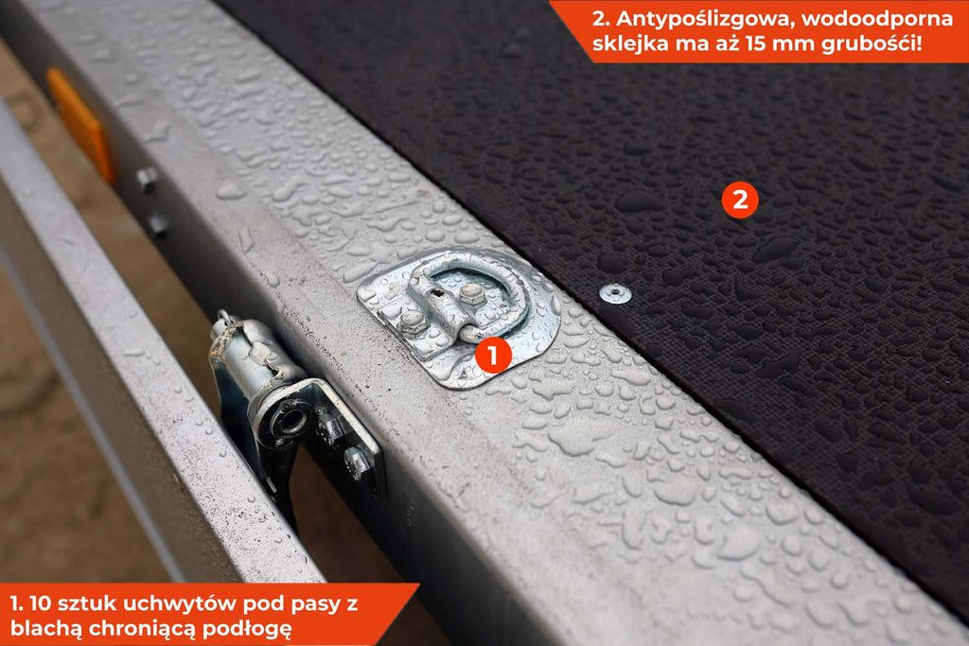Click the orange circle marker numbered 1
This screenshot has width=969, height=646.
pos(492,355)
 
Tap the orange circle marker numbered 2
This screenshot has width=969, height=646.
pos(740,200)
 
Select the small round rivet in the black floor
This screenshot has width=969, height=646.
pos(615,293)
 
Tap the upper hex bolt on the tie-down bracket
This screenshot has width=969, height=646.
pos(471,292)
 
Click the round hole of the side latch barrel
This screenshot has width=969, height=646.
pos(290,421)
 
